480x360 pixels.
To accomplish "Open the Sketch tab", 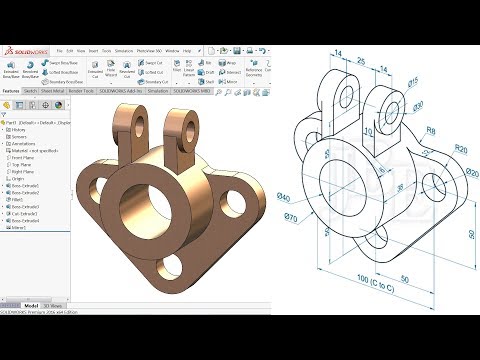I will (x=31, y=90).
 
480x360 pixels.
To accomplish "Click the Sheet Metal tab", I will (x=54, y=90).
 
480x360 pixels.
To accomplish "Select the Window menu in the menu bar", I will (x=173, y=50).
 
